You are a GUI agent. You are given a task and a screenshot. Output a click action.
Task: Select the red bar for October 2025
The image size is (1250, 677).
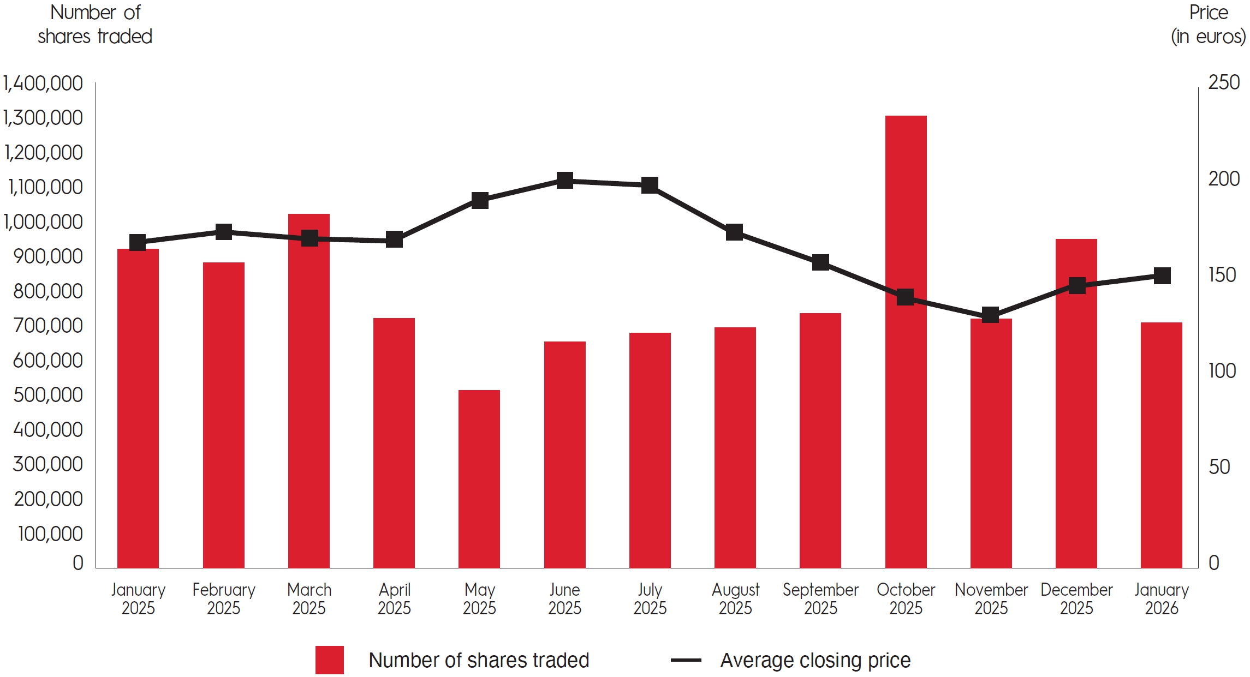pyautogui.click(x=906, y=382)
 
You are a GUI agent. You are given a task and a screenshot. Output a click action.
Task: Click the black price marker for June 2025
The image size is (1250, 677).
pyautogui.click(x=565, y=180)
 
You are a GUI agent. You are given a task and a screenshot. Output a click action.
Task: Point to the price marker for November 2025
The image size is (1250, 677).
pyautogui.click(x=990, y=315)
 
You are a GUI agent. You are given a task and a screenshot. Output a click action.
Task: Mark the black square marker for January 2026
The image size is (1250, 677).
pyautogui.click(x=1162, y=275)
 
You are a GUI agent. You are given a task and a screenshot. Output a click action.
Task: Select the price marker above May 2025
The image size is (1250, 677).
pyautogui.click(x=480, y=200)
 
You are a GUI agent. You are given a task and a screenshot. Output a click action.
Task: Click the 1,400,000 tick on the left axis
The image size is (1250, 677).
pyautogui.click(x=43, y=83)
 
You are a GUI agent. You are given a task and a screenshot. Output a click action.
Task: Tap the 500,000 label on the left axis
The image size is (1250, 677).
pyautogui.click(x=47, y=395)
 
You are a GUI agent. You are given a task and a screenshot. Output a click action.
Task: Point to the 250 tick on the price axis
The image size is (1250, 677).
pyautogui.click(x=1224, y=82)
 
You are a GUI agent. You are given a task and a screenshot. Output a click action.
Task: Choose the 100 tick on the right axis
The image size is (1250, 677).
pyautogui.click(x=1222, y=371)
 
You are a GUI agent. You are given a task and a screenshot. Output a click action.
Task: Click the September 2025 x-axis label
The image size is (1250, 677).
pyautogui.click(x=820, y=598)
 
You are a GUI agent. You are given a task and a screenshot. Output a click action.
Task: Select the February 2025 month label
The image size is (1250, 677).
pyautogui.click(x=224, y=598)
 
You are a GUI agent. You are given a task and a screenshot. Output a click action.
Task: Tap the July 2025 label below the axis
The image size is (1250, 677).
pyautogui.click(x=650, y=598)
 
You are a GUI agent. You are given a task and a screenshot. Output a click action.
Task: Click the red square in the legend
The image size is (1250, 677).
pyautogui.click(x=329, y=660)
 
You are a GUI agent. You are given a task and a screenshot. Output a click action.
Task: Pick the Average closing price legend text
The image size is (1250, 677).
pyautogui.click(x=816, y=660)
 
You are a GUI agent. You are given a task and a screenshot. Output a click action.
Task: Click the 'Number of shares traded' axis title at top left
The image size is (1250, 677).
pyautogui.click(x=95, y=25)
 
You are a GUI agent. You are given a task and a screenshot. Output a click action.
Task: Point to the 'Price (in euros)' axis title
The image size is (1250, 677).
pyautogui.click(x=1208, y=25)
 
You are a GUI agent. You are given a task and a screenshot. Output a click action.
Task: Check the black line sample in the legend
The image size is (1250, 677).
pyautogui.click(x=686, y=660)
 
